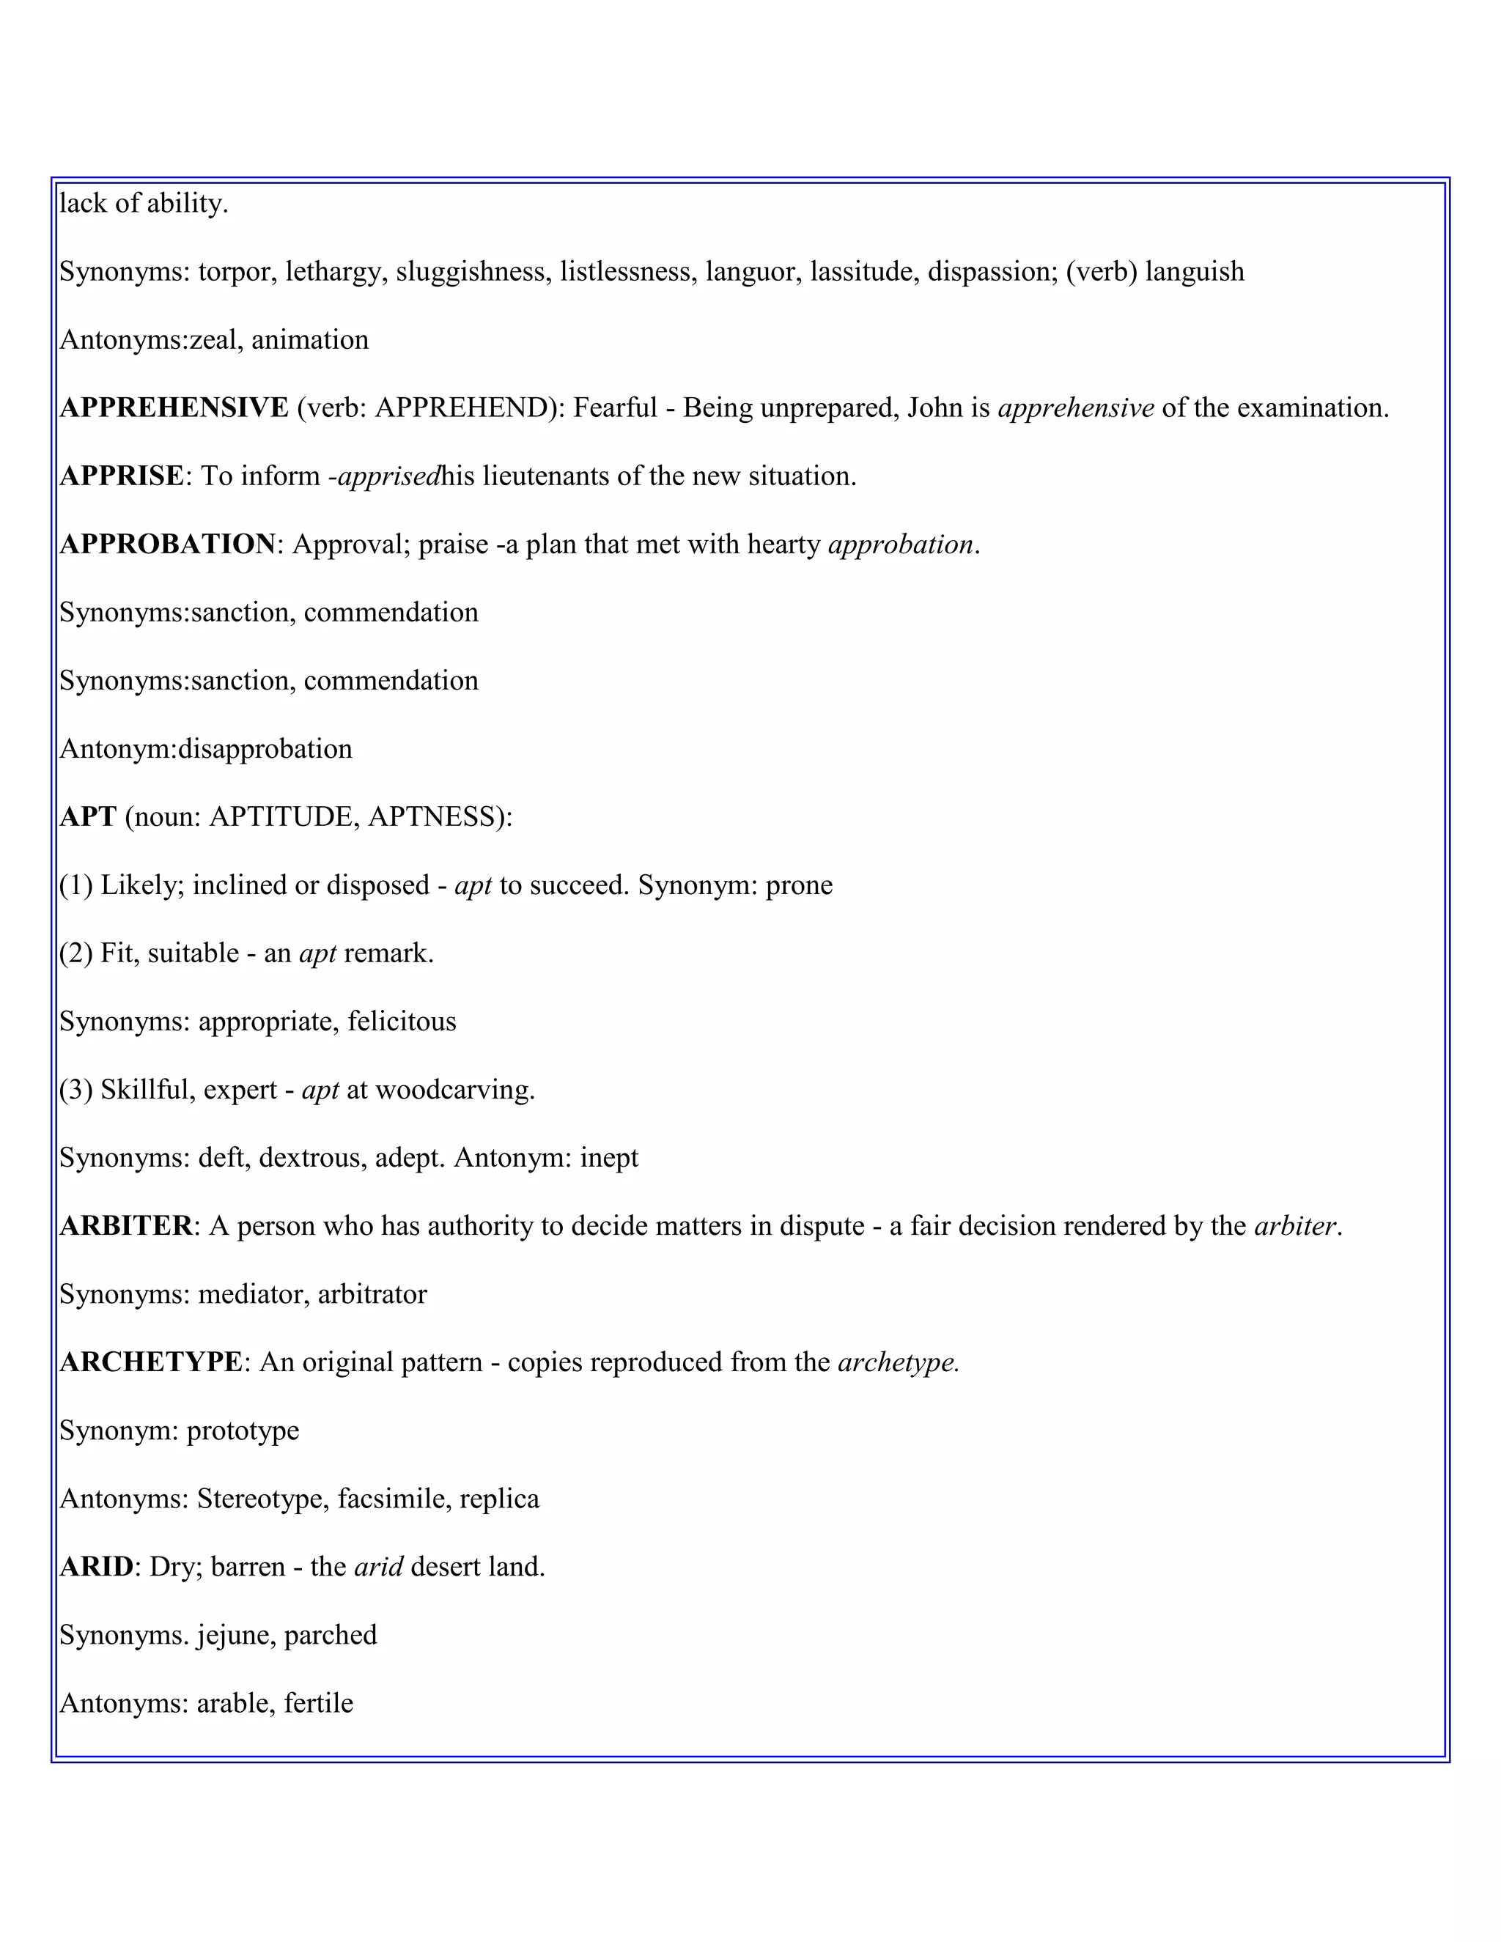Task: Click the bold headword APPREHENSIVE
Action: coord(174,408)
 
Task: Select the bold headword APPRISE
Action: coord(122,476)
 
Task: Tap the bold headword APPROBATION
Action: coord(168,544)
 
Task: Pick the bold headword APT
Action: coord(88,817)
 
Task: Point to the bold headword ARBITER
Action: coord(126,1226)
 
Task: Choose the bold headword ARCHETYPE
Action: coord(150,1362)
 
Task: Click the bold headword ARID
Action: coord(96,1567)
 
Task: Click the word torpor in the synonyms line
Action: coord(234,272)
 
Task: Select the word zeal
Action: coord(213,341)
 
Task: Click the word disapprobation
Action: coord(265,749)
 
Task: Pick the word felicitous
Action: coord(401,1022)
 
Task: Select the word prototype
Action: coord(242,1430)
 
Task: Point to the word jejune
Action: coord(232,1635)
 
